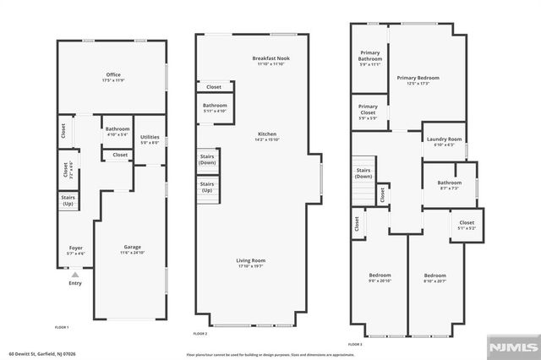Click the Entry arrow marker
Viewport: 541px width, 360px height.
75,274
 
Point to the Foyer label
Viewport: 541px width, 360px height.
75,251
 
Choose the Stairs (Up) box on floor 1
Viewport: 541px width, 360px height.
68,201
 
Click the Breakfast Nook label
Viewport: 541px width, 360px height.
270,61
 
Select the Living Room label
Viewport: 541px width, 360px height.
251,263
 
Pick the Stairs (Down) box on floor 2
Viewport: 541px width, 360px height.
207,160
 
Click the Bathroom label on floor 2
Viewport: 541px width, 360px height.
215,107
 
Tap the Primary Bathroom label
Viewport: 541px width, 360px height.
369,57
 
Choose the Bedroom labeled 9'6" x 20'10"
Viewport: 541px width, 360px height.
380,279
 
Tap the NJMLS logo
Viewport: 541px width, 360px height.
512,347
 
